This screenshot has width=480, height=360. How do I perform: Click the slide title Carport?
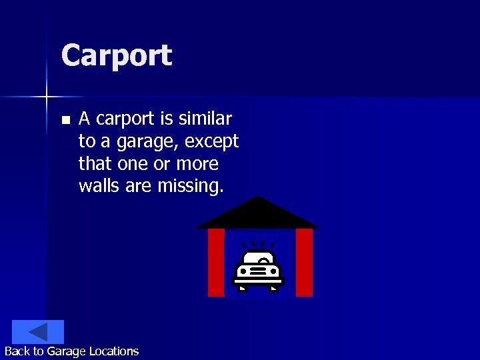116,56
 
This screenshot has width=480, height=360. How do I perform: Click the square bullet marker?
65,121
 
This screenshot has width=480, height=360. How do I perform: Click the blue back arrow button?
38,332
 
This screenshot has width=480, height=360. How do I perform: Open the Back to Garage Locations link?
71,351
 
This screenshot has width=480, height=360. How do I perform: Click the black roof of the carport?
258,215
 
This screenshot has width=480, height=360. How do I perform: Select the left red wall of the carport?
216,262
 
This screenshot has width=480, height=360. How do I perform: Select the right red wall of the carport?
304,262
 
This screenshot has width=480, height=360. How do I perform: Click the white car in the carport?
258,271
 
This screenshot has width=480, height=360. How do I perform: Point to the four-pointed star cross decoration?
47,97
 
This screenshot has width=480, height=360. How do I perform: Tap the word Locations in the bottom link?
115,351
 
